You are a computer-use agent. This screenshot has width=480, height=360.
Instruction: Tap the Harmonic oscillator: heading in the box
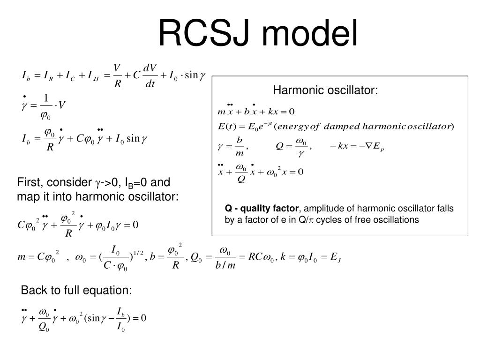pos(325,90)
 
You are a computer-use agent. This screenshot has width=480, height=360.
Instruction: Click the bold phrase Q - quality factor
pos(261,208)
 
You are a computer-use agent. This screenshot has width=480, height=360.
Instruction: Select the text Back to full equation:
pos(76,291)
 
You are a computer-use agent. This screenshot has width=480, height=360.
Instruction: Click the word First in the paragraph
pos(28,182)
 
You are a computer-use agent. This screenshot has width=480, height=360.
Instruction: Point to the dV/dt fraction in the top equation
pos(150,76)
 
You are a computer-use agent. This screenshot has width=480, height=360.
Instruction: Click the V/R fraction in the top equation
pos(118,76)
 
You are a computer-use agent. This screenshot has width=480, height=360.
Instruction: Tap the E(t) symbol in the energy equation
pos(227,126)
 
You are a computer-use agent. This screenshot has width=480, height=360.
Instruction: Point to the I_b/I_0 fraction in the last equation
pos(120,319)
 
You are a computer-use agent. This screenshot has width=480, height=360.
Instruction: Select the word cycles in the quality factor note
pos(330,219)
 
